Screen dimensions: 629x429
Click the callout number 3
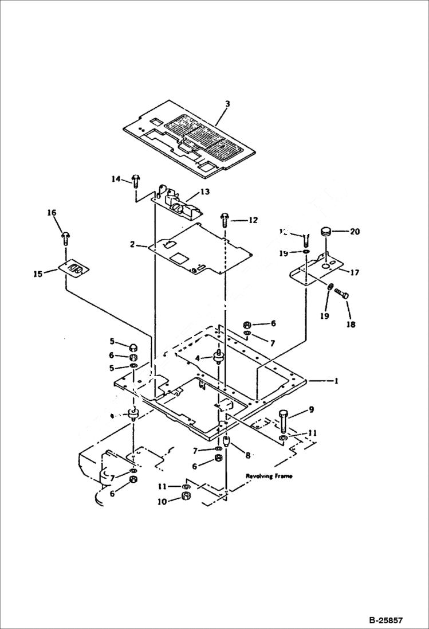[x=227, y=104]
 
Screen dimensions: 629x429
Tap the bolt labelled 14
[x=135, y=181]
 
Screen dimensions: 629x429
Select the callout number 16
[x=52, y=213]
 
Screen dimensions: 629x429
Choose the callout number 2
[x=132, y=244]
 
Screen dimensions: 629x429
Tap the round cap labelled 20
[x=327, y=232]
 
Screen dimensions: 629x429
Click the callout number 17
[x=355, y=273]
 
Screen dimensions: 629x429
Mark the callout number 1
[x=336, y=381]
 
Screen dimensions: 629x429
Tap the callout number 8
[x=247, y=455]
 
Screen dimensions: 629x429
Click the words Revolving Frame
[x=269, y=476]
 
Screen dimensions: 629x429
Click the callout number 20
[x=355, y=232]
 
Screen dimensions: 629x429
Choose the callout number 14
[x=116, y=179]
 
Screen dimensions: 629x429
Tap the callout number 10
[x=162, y=501]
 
